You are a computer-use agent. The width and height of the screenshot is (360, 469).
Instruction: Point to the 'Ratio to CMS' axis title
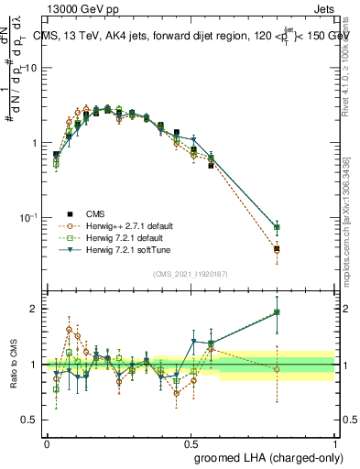tap(16, 364)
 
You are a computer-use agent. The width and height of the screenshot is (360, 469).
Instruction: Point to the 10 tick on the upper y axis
tap(31, 69)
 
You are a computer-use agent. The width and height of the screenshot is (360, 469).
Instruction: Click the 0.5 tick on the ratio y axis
tap(31, 420)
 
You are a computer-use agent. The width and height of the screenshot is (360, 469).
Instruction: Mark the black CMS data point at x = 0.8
tap(277, 248)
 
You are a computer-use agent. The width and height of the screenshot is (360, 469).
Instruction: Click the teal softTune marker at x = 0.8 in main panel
tap(277, 227)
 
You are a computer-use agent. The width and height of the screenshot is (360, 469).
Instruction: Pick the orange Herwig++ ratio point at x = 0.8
tap(277, 369)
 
